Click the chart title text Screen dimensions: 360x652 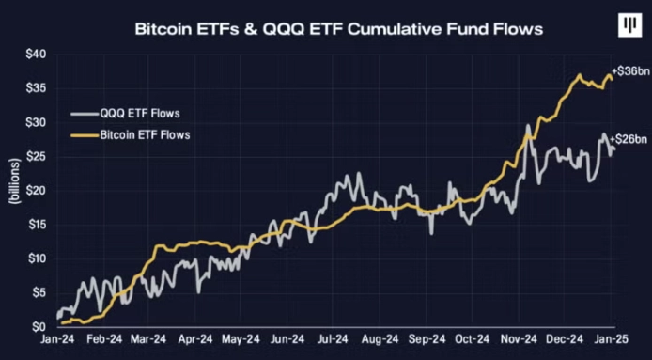click(325, 29)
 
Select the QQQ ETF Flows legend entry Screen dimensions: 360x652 click(140, 115)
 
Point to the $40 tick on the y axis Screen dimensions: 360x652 click(34, 54)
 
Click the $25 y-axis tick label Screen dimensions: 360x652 click(34, 156)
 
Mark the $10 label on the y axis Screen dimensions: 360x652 click(34, 258)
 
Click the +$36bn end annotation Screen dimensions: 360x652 click(629, 71)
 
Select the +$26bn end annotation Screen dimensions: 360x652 click(629, 139)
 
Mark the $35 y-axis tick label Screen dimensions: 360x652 click(34, 88)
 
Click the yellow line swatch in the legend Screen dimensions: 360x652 click(84, 135)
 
